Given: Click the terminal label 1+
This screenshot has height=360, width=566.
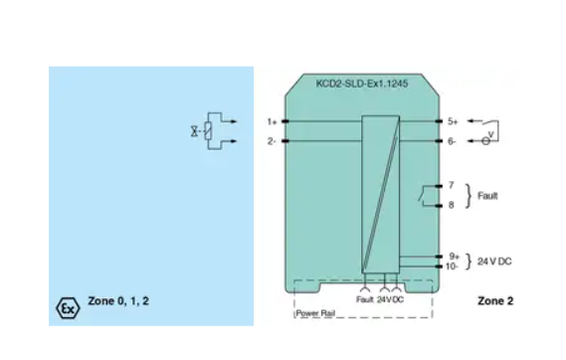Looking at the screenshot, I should click(272, 121).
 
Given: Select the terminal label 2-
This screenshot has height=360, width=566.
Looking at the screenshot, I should click(272, 140).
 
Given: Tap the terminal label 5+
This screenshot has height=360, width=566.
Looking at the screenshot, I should click(452, 121).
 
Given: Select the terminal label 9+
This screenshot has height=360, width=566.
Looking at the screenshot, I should click(452, 256).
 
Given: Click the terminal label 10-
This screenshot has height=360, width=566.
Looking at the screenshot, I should click(452, 266).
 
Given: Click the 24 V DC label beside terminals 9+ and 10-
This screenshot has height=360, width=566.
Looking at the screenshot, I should click(496, 262).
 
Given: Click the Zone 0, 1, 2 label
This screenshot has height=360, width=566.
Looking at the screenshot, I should click(119, 300).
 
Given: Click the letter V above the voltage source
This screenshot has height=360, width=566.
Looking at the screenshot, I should click(489, 131).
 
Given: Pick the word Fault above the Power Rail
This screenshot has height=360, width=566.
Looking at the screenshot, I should click(364, 298).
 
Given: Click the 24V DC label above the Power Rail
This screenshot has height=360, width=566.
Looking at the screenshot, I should click(390, 298).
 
